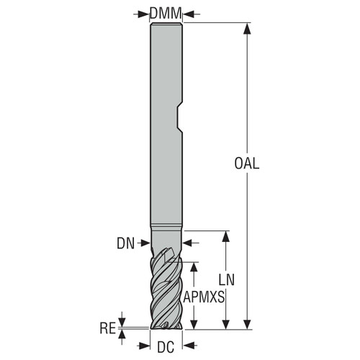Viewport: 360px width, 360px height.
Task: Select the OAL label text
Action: (x=247, y=163)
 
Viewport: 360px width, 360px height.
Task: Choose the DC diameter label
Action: (x=166, y=346)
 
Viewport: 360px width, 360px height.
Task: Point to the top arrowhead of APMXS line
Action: (x=193, y=265)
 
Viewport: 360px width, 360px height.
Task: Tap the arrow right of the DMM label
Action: (x=189, y=12)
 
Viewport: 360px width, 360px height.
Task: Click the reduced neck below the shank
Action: (x=166, y=240)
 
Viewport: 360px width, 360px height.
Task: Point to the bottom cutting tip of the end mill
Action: (x=166, y=327)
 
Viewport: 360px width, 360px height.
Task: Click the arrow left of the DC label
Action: (x=145, y=346)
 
